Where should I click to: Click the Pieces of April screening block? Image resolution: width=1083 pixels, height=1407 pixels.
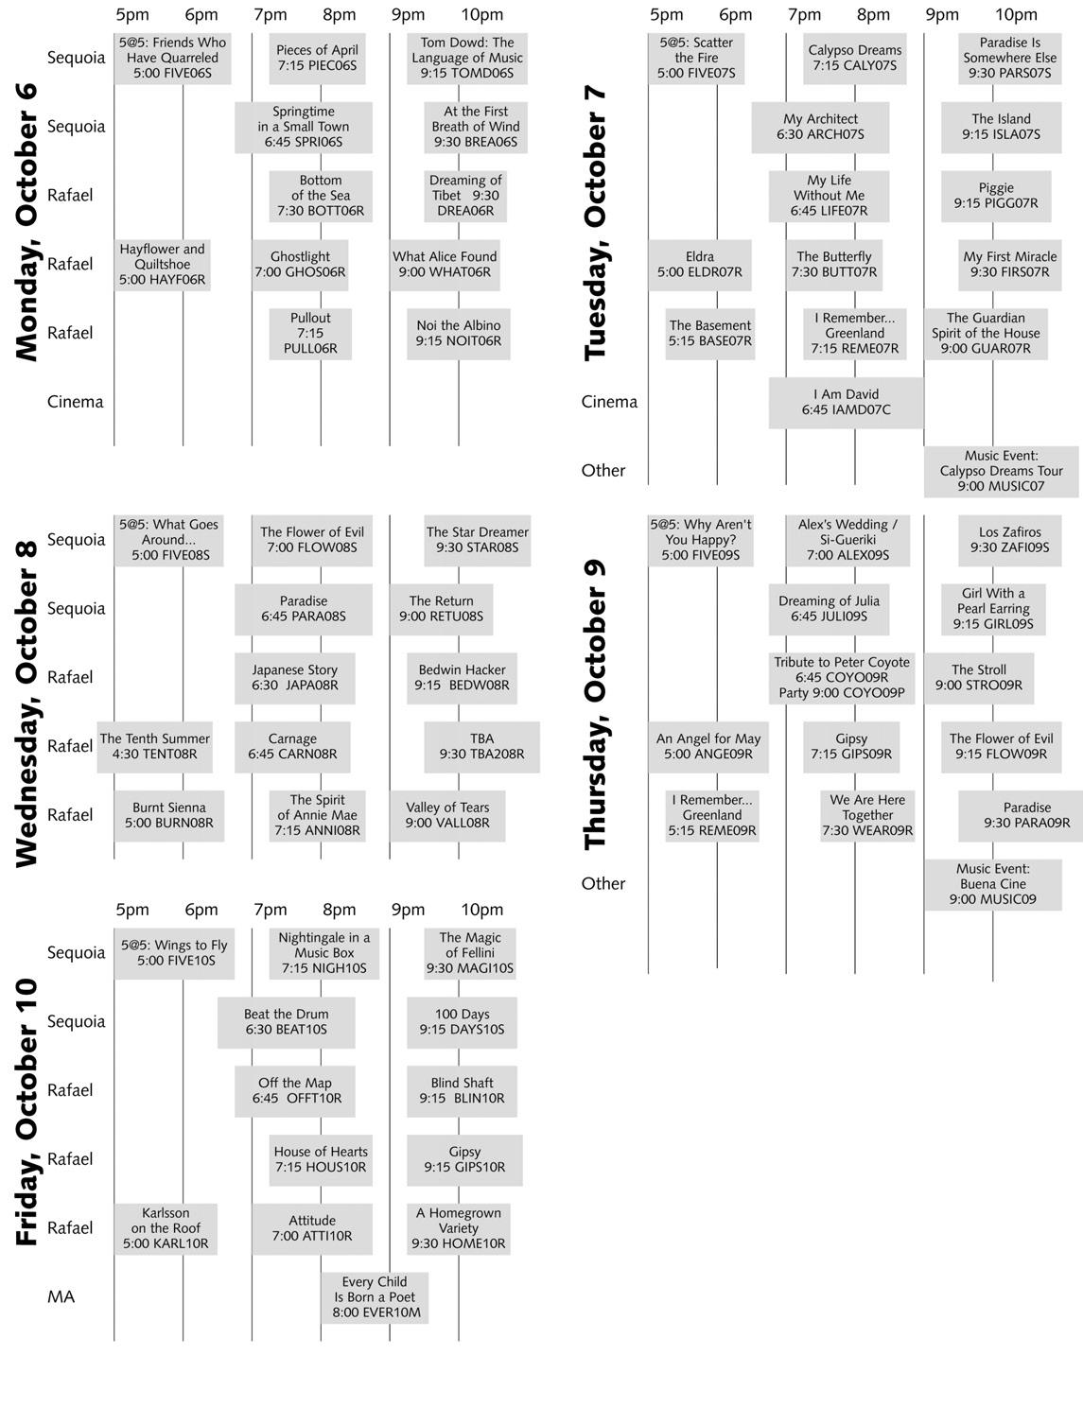click(x=317, y=58)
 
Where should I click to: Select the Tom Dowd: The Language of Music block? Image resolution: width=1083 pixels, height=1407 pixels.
click(x=466, y=58)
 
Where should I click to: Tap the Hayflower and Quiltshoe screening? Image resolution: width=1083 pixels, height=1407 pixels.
click(x=162, y=265)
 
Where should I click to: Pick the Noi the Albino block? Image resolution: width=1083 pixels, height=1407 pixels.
click(x=459, y=334)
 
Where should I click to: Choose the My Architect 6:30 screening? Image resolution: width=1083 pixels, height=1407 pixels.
click(x=820, y=127)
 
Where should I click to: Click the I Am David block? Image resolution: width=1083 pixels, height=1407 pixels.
click(x=846, y=403)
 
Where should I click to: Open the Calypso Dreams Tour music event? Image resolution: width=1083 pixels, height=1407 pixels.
click(x=1001, y=471)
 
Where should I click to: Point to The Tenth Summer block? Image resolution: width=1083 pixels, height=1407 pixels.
click(x=154, y=747)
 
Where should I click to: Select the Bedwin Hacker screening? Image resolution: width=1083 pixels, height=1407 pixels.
click(x=463, y=678)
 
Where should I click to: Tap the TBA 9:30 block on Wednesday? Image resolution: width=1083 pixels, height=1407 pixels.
click(x=481, y=747)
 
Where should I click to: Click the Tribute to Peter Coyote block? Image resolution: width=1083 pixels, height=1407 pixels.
click(x=842, y=678)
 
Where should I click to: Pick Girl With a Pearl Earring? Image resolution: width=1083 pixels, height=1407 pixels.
click(x=992, y=609)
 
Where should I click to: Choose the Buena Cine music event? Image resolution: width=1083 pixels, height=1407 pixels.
click(x=992, y=884)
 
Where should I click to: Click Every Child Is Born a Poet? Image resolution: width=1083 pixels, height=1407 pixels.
click(x=375, y=1297)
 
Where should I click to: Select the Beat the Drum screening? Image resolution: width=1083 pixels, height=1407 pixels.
click(x=286, y=1022)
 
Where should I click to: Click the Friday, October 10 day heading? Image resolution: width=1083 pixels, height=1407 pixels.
click(x=26, y=1112)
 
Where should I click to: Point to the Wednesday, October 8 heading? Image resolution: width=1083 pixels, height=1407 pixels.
click(x=26, y=702)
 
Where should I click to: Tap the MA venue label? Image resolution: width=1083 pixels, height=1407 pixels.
click(x=61, y=1297)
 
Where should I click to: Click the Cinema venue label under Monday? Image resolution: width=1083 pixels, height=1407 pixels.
click(x=75, y=402)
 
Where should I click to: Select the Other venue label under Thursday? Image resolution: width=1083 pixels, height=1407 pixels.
click(x=603, y=884)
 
